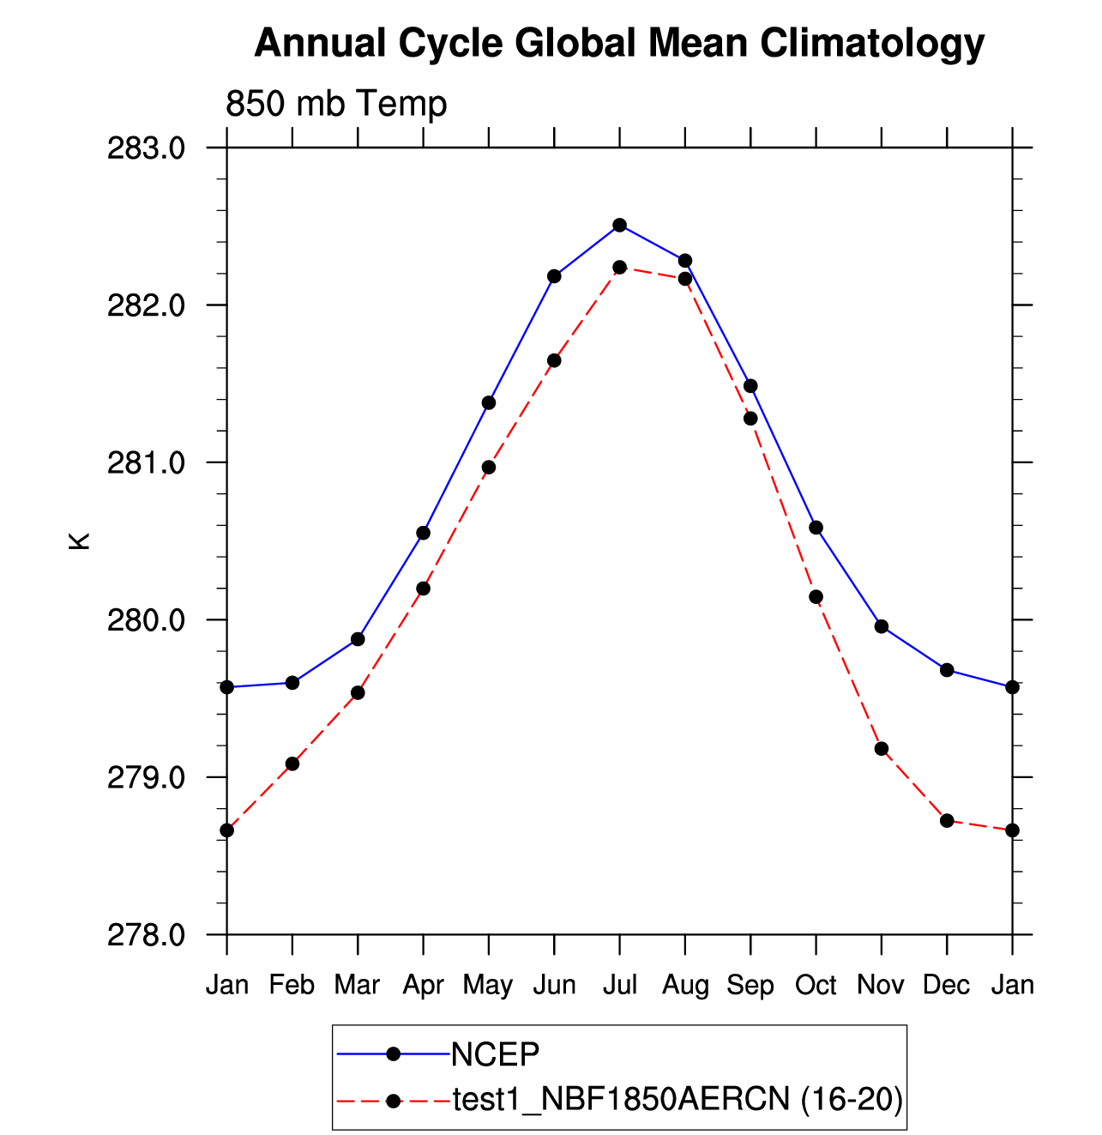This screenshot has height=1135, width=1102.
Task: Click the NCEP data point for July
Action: [x=619, y=225]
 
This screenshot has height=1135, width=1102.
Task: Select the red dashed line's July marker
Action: [x=619, y=267]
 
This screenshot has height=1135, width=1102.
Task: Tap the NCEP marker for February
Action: [x=292, y=682]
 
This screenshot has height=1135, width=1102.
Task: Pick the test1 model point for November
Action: [x=881, y=748]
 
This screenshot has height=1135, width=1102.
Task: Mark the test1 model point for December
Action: [x=947, y=821]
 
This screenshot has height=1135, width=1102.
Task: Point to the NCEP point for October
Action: [x=816, y=528]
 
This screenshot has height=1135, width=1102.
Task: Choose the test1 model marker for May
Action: [x=489, y=468]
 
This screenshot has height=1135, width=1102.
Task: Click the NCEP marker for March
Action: [x=358, y=639]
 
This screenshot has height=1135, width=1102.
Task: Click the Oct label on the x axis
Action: [x=816, y=985]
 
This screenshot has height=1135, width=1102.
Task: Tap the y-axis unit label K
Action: [x=79, y=541]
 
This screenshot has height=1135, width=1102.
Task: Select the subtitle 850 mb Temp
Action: [x=336, y=104]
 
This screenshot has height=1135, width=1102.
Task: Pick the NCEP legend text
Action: [x=495, y=1054]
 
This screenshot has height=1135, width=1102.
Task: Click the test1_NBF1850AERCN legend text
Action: [x=621, y=1100]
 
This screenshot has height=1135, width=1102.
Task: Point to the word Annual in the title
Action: [x=320, y=43]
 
